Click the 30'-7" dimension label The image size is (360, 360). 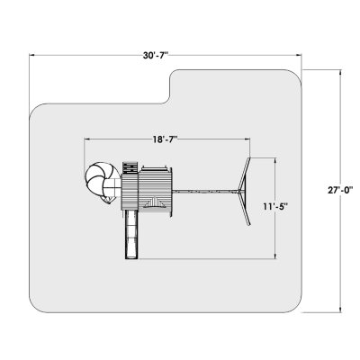click(156, 55)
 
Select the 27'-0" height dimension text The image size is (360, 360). click(340, 190)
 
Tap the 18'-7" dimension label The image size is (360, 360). click(165, 139)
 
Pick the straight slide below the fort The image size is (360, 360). click(131, 234)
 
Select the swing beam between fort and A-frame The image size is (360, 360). click(205, 191)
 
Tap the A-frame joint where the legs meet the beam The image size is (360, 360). click(239, 191)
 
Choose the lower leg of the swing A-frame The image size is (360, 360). click(245, 208)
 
